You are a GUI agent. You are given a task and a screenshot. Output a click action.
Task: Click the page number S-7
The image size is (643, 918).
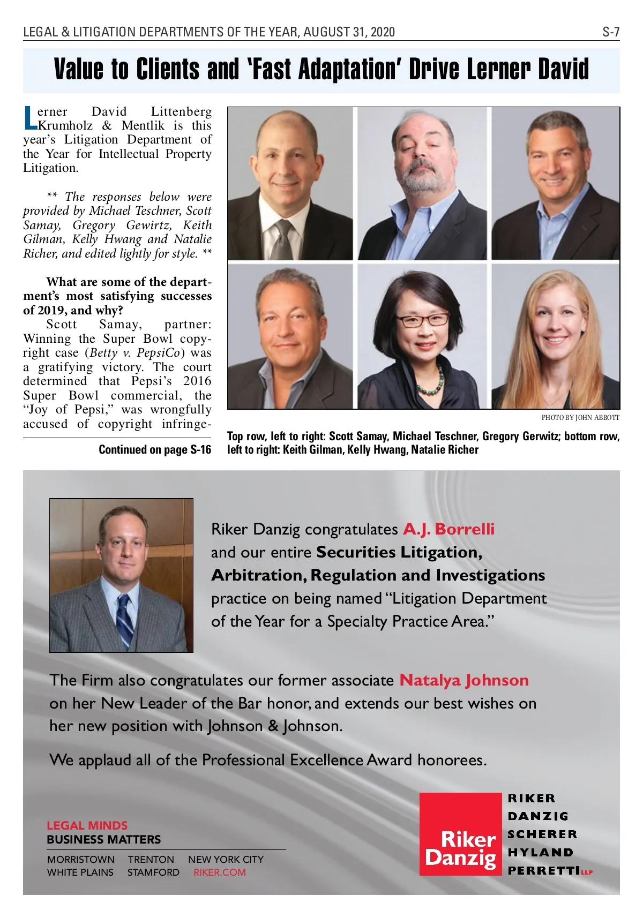click(x=610, y=32)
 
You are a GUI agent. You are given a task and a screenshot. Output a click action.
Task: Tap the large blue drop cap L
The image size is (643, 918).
click(x=30, y=118)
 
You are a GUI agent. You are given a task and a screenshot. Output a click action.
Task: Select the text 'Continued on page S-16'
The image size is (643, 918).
click(x=155, y=450)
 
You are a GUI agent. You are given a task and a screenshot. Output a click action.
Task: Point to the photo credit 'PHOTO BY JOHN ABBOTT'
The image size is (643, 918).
click(x=580, y=418)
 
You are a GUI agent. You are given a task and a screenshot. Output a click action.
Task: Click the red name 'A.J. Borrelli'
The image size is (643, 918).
click(x=448, y=529)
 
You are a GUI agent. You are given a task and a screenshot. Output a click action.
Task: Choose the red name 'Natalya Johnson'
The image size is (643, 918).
click(x=464, y=680)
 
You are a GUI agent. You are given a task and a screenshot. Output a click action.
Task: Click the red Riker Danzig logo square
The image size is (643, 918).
click(x=460, y=834)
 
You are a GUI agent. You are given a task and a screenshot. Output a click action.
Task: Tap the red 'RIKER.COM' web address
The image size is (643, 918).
click(x=220, y=872)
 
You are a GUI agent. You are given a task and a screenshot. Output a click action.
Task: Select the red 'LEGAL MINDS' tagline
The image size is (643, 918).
click(x=87, y=825)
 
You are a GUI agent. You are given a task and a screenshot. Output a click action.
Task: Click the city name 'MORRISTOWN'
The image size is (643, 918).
click(x=81, y=859)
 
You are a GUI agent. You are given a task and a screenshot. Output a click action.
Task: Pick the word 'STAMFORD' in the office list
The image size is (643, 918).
click(x=153, y=872)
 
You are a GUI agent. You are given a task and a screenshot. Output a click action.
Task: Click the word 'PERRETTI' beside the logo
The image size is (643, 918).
click(x=543, y=870)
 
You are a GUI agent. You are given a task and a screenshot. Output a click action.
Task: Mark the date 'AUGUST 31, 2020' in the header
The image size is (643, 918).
click(x=349, y=32)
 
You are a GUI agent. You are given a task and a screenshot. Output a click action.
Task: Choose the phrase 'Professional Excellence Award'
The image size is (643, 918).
click(x=282, y=760)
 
